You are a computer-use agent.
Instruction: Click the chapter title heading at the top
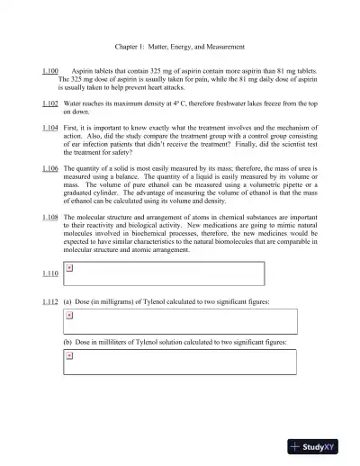click(x=180, y=46)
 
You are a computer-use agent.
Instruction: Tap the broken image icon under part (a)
click(x=70, y=316)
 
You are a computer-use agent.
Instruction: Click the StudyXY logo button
click(x=319, y=445)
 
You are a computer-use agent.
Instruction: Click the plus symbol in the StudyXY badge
click(x=295, y=445)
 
